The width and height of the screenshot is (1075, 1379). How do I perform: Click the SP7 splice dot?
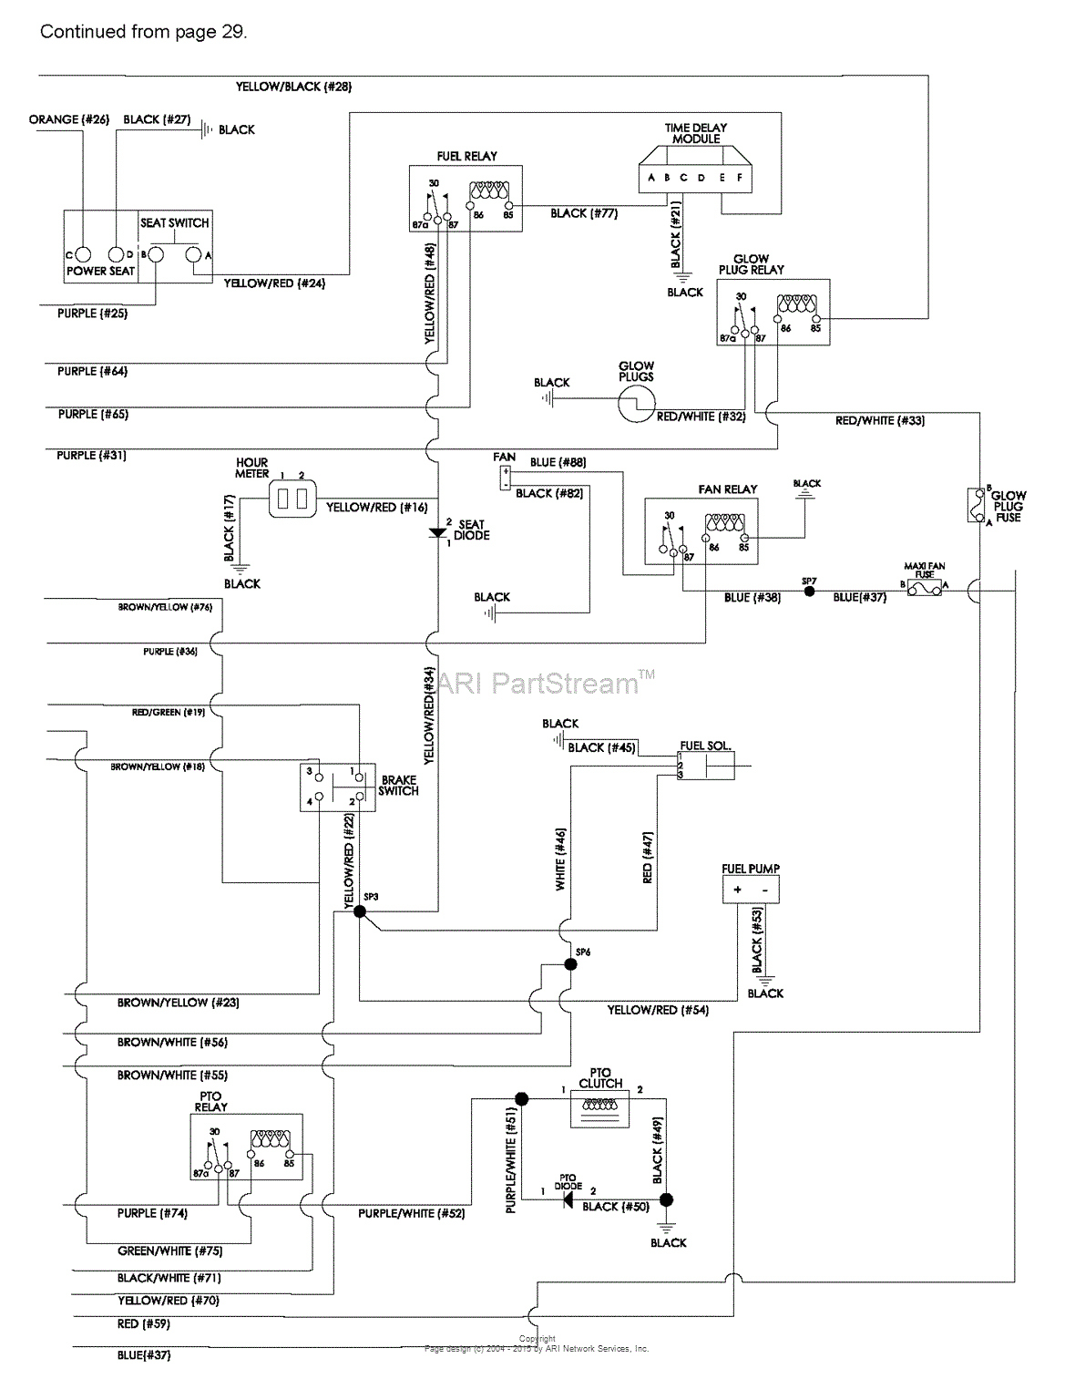809,591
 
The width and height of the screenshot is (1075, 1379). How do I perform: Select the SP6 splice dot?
570,963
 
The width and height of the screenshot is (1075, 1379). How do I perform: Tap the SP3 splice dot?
359,911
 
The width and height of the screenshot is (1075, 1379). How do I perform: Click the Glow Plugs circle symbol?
636,404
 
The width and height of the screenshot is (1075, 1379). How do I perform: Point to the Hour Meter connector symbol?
292,499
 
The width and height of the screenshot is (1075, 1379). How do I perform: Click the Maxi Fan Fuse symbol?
924,590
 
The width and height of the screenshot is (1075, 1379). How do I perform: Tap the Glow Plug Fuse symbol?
976,505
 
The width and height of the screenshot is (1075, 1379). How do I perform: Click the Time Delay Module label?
696,133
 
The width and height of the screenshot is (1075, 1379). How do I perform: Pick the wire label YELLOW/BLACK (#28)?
293,87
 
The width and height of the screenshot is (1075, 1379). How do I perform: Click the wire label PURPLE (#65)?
93,414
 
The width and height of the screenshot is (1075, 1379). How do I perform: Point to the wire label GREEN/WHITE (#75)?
169,1250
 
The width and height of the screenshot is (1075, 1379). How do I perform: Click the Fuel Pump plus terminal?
737,890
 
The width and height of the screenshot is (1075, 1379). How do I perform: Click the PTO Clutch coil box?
600,1108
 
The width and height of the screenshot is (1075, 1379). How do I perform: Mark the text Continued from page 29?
143,31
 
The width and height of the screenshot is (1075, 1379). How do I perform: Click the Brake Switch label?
399,786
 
